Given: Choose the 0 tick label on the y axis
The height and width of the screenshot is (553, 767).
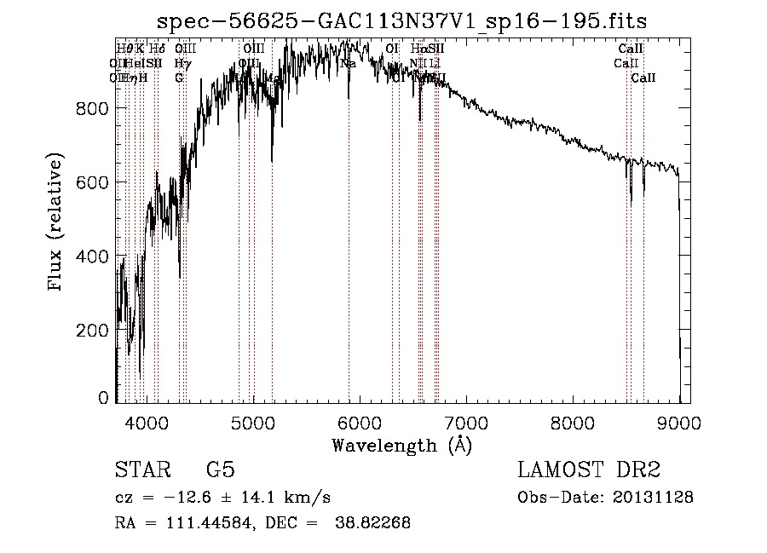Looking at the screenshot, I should (104, 398).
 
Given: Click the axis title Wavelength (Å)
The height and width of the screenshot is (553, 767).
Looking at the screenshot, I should (401, 445).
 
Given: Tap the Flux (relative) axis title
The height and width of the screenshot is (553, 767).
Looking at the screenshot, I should (57, 223).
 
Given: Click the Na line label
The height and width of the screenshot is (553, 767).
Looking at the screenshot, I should (348, 63).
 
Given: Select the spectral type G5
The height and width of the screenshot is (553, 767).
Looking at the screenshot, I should (220, 470).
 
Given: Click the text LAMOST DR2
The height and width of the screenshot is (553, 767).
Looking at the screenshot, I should (589, 470).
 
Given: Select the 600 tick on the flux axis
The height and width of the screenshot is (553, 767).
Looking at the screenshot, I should (95, 182).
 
